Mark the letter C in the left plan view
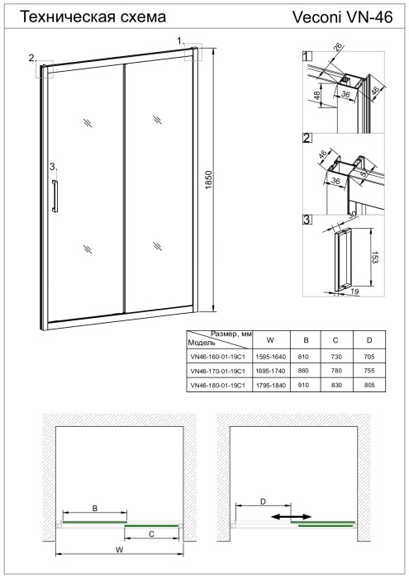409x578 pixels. [151, 535]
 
